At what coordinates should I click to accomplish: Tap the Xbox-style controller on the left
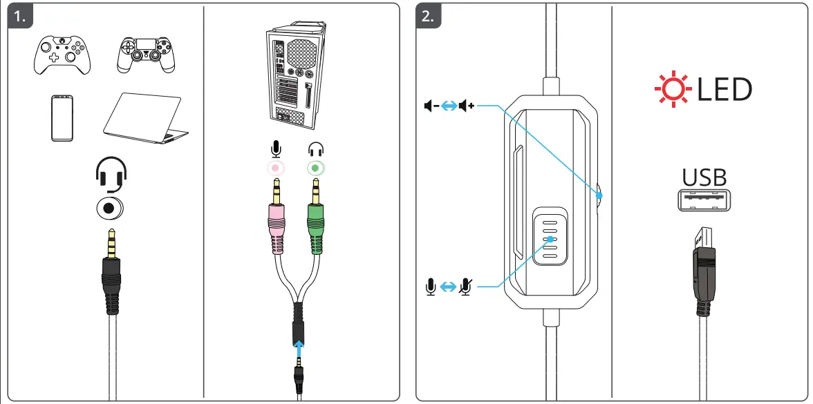63,55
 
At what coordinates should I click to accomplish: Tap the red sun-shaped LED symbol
671,90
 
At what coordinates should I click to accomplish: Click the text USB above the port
704,178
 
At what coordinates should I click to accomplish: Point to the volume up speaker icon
467,106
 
